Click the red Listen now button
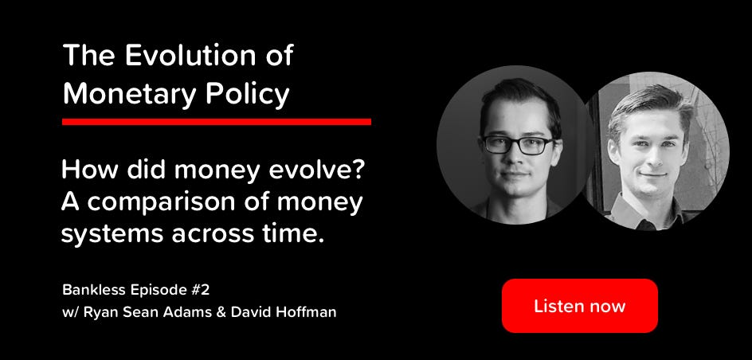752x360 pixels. (x=579, y=306)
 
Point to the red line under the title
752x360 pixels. (x=217, y=122)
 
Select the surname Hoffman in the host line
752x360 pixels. (x=307, y=311)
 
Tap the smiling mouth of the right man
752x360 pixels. (x=652, y=174)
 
